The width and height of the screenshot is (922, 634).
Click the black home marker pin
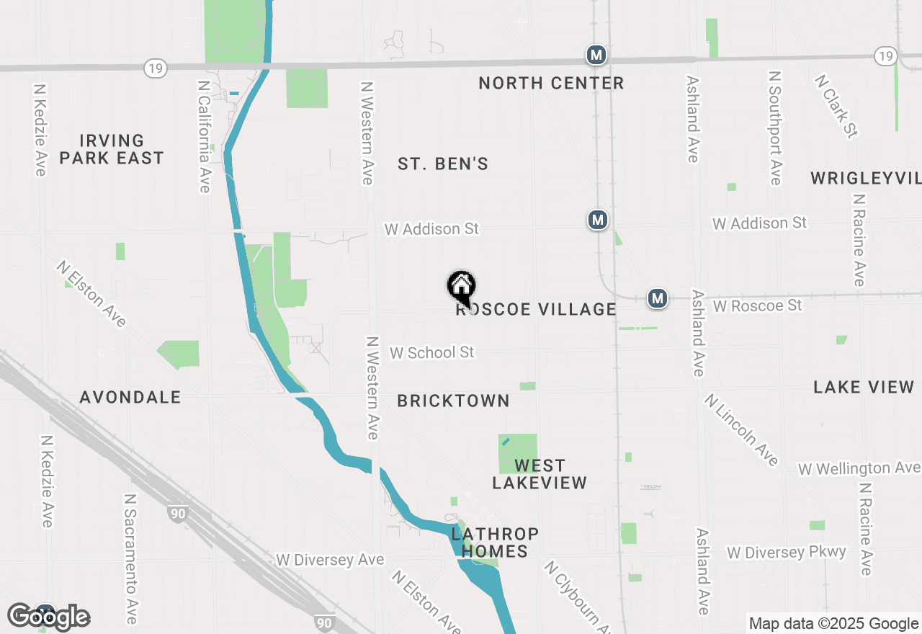point(461,287)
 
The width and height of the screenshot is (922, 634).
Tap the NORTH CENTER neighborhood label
point(551,84)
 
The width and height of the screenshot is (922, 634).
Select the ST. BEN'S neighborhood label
point(443,164)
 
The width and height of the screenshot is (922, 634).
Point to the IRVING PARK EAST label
point(112,149)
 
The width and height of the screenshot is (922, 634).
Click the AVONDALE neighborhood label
point(130,397)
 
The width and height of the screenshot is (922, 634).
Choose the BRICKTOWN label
point(453,401)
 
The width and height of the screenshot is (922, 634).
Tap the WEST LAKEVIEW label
point(540,474)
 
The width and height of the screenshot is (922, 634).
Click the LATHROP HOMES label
point(495,543)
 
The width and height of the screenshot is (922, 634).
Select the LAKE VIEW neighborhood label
point(864,387)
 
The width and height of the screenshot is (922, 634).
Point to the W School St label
point(432,352)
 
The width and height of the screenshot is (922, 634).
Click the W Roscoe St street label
point(757,306)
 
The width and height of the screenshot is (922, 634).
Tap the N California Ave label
point(204,135)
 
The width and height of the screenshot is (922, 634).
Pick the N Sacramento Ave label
point(130,558)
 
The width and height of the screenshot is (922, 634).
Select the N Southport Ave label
point(774,128)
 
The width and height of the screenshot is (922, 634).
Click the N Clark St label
point(836,105)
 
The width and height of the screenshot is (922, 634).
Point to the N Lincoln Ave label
point(742,429)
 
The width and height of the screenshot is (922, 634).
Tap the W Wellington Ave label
point(859,468)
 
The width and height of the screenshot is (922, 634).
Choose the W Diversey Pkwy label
point(786,553)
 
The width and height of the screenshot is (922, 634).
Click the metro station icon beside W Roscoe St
point(657,298)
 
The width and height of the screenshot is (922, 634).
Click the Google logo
point(49,617)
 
